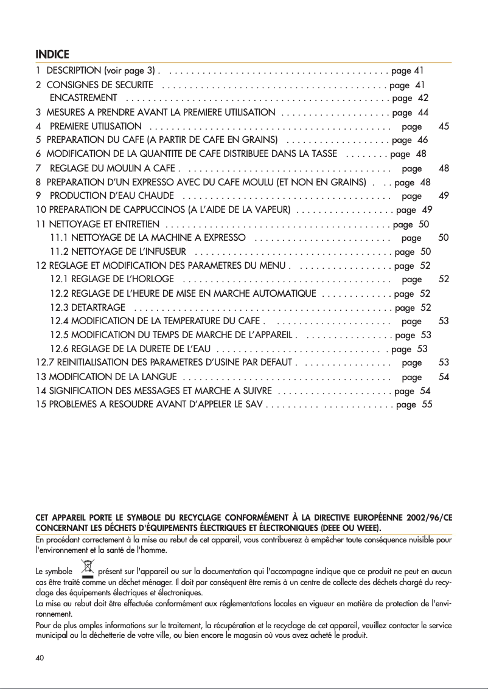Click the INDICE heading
[52, 54]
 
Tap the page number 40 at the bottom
[41, 657]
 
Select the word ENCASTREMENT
[83, 98]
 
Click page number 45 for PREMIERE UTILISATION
[444, 126]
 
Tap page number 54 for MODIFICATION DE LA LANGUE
[444, 377]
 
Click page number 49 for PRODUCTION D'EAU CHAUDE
[444, 196]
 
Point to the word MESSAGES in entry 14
[161, 391]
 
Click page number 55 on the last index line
[427, 404]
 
